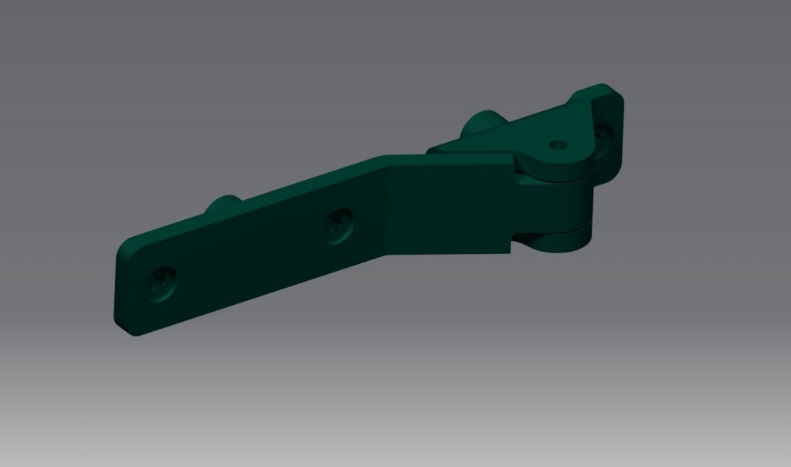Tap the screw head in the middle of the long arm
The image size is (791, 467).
338,225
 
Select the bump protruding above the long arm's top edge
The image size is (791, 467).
222,205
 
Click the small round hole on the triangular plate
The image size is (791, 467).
558,144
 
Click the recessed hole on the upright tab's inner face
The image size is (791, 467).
603,137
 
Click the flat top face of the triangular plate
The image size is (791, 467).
525,134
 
